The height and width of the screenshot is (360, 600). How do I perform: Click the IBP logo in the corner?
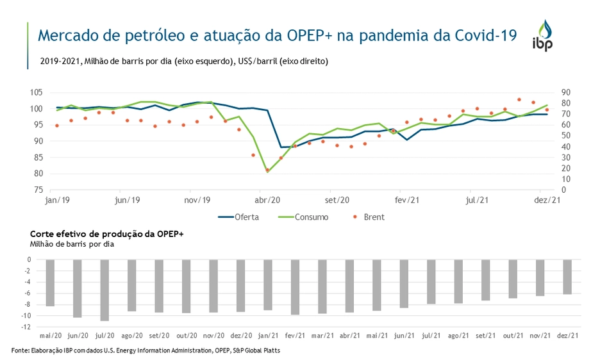(544, 36)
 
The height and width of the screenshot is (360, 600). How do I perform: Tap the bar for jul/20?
(104, 290)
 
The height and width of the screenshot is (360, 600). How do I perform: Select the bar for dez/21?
(567, 277)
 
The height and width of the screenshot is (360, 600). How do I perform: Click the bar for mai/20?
(50, 283)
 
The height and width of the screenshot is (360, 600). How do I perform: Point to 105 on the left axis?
(36, 92)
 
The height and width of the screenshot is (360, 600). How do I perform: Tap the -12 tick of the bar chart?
(26, 327)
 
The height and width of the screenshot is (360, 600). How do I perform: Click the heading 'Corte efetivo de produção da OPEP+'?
(106, 234)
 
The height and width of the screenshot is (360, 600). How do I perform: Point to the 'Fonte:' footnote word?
(21, 350)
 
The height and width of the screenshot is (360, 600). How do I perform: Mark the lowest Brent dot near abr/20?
(267, 170)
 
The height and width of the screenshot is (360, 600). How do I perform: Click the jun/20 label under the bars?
(78, 335)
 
